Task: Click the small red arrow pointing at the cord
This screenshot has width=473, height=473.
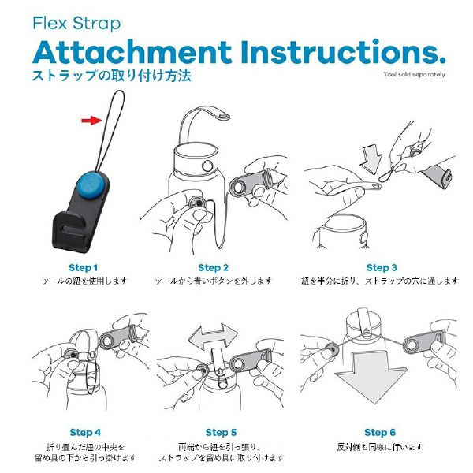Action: click(92, 121)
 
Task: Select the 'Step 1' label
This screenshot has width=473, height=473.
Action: click(84, 267)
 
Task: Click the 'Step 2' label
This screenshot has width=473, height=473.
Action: click(214, 267)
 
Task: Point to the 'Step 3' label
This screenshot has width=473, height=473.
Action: click(382, 267)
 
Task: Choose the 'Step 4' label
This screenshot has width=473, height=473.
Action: click(85, 432)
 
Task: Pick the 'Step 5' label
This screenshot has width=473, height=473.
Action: click(221, 432)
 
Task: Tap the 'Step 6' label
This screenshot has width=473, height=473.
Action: click(380, 432)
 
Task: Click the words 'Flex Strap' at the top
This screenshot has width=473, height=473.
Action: click(76, 24)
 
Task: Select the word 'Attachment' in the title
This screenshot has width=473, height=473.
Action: click(132, 52)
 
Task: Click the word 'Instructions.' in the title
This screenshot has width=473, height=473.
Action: click(343, 52)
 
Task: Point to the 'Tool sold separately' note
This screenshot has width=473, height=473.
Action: click(414, 74)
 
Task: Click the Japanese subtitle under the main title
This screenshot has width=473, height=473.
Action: click(112, 76)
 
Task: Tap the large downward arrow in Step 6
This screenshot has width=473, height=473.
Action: click(371, 377)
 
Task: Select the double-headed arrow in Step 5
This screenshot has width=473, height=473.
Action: click(213, 337)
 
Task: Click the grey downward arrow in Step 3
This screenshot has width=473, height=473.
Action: click(371, 159)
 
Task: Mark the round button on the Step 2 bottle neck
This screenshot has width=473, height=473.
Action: click(207, 166)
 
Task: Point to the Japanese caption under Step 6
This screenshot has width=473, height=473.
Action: click(380, 447)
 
